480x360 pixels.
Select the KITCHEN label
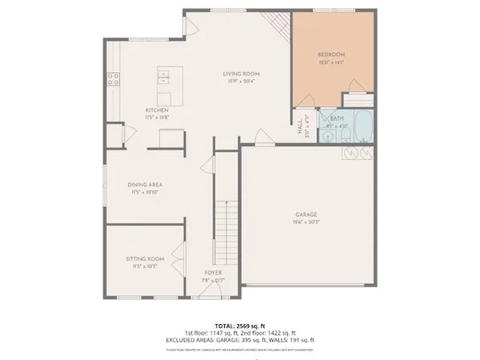(x=156, y=110)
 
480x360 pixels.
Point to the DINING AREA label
(x=146, y=185)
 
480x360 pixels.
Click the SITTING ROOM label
(x=145, y=258)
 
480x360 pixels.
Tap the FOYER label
(x=213, y=273)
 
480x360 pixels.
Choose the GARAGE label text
(x=306, y=214)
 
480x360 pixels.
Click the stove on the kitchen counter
(x=114, y=78)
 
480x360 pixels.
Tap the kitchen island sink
(x=164, y=77)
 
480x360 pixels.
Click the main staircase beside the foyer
(x=227, y=227)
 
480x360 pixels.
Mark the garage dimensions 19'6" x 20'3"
(x=306, y=222)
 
